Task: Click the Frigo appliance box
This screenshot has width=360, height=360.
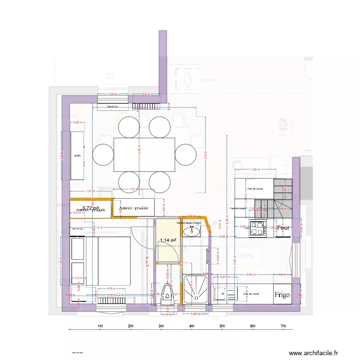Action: tap(282, 295)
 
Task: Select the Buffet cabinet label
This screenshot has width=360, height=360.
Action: tap(77, 156)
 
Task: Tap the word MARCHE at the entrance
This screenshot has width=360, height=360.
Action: tap(113, 107)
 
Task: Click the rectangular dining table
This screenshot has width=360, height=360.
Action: tap(144, 155)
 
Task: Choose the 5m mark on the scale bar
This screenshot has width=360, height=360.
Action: tap(222, 326)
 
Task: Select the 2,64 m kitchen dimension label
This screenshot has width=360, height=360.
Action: tap(250, 275)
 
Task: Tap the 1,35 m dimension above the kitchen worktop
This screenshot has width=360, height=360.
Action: tap(255, 169)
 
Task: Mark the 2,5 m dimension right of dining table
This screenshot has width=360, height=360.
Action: tap(205, 156)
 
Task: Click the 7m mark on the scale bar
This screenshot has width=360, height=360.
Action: tap(284, 326)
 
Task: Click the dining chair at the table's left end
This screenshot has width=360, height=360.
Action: tap(103, 155)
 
